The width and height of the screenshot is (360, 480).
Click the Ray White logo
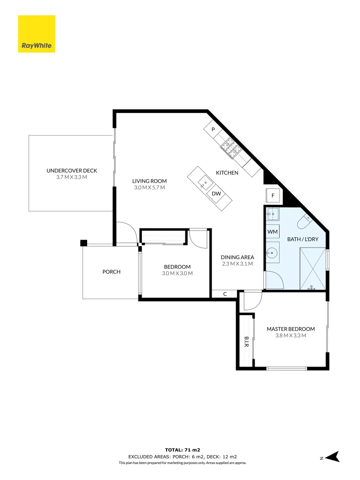pos(36,34)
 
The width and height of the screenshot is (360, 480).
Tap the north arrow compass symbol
pos(332,456)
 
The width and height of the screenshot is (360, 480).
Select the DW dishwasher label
pos(216,194)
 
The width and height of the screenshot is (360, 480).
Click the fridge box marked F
pos(273,195)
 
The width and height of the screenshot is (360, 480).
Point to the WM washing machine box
pos(272,232)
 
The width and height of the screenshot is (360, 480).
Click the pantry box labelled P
pos(213,129)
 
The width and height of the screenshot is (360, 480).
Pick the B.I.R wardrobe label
pos(246,341)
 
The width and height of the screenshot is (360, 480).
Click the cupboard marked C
pos(225,294)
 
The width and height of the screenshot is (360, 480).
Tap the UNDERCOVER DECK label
pos(72,171)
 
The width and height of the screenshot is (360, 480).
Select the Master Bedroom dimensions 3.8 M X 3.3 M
pos(291,336)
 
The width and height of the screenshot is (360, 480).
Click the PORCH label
pos(111,272)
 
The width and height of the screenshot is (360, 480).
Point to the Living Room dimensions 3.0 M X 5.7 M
pos(149,188)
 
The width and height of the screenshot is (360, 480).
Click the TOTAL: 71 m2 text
pos(180,450)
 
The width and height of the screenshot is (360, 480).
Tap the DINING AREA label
pos(237,257)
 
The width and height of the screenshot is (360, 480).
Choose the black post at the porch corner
pos(83,243)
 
